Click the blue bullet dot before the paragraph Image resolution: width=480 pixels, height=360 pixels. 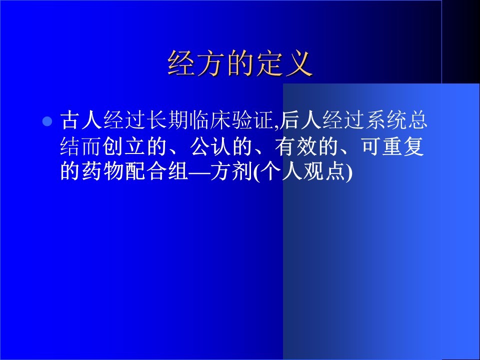click(x=47, y=121)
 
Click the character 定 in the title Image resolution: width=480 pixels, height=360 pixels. click(x=269, y=63)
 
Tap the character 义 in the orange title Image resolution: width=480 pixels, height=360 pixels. click(x=299, y=63)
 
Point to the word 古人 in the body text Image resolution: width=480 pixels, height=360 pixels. click(x=81, y=120)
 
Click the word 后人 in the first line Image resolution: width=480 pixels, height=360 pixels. click(x=300, y=120)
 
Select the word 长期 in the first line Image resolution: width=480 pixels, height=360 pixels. click(x=167, y=120)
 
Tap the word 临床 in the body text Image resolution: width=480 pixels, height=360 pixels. click(x=210, y=120)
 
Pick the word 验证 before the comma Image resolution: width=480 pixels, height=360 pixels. click(x=252, y=120)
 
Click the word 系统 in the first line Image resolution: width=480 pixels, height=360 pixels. click(x=385, y=120)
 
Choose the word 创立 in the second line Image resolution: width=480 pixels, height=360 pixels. click(x=124, y=146)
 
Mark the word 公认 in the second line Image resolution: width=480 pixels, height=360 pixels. click(x=210, y=146)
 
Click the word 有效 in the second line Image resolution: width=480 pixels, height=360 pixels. click(x=295, y=146)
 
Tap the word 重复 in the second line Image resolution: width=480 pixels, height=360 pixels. click(x=403, y=146)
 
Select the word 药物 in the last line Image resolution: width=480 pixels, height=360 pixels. click(x=102, y=171)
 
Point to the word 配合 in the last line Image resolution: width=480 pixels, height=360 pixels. click(x=145, y=171)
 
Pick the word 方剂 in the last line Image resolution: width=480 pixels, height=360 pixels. click(x=231, y=171)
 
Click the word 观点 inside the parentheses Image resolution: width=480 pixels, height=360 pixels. click(x=324, y=171)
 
